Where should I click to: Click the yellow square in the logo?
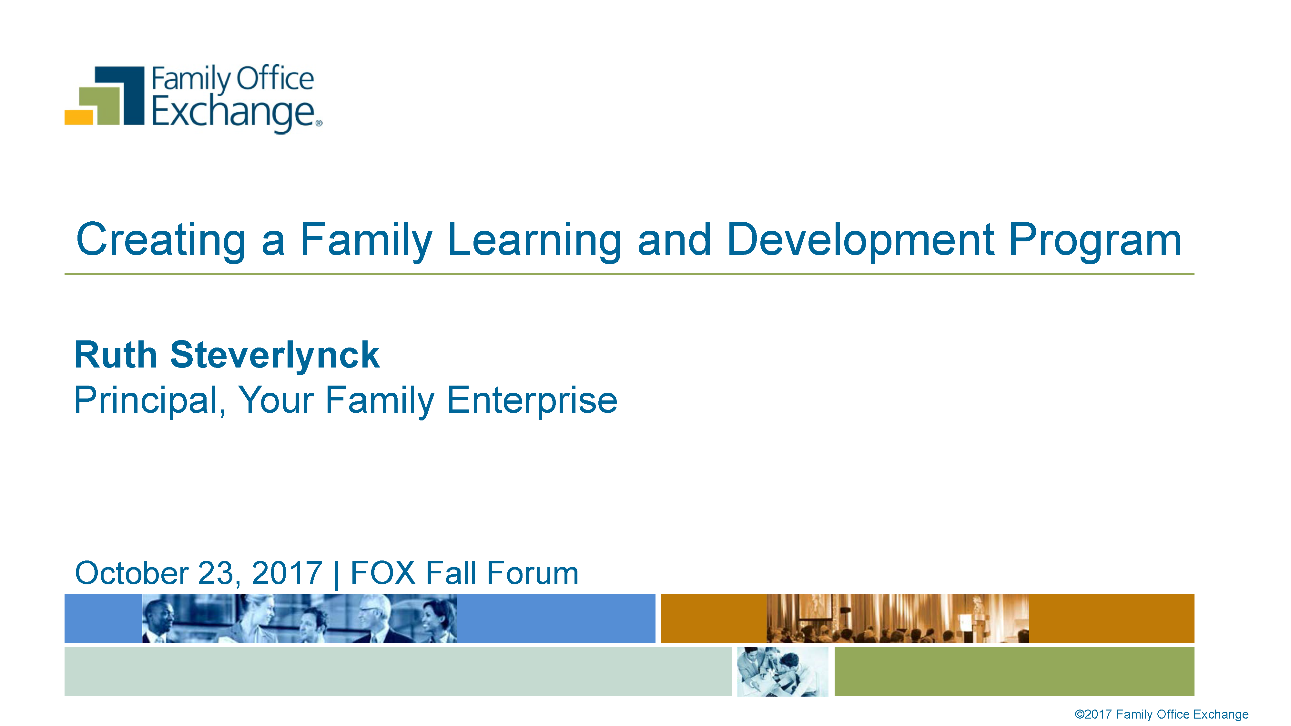79,117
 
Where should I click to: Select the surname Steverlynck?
275,355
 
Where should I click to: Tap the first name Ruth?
116,355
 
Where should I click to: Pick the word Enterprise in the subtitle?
532,400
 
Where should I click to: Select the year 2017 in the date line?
287,573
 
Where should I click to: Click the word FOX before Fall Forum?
383,573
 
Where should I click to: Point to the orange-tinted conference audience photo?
898,618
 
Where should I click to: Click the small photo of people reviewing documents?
783,671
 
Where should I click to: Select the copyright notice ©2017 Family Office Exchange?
1161,714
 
